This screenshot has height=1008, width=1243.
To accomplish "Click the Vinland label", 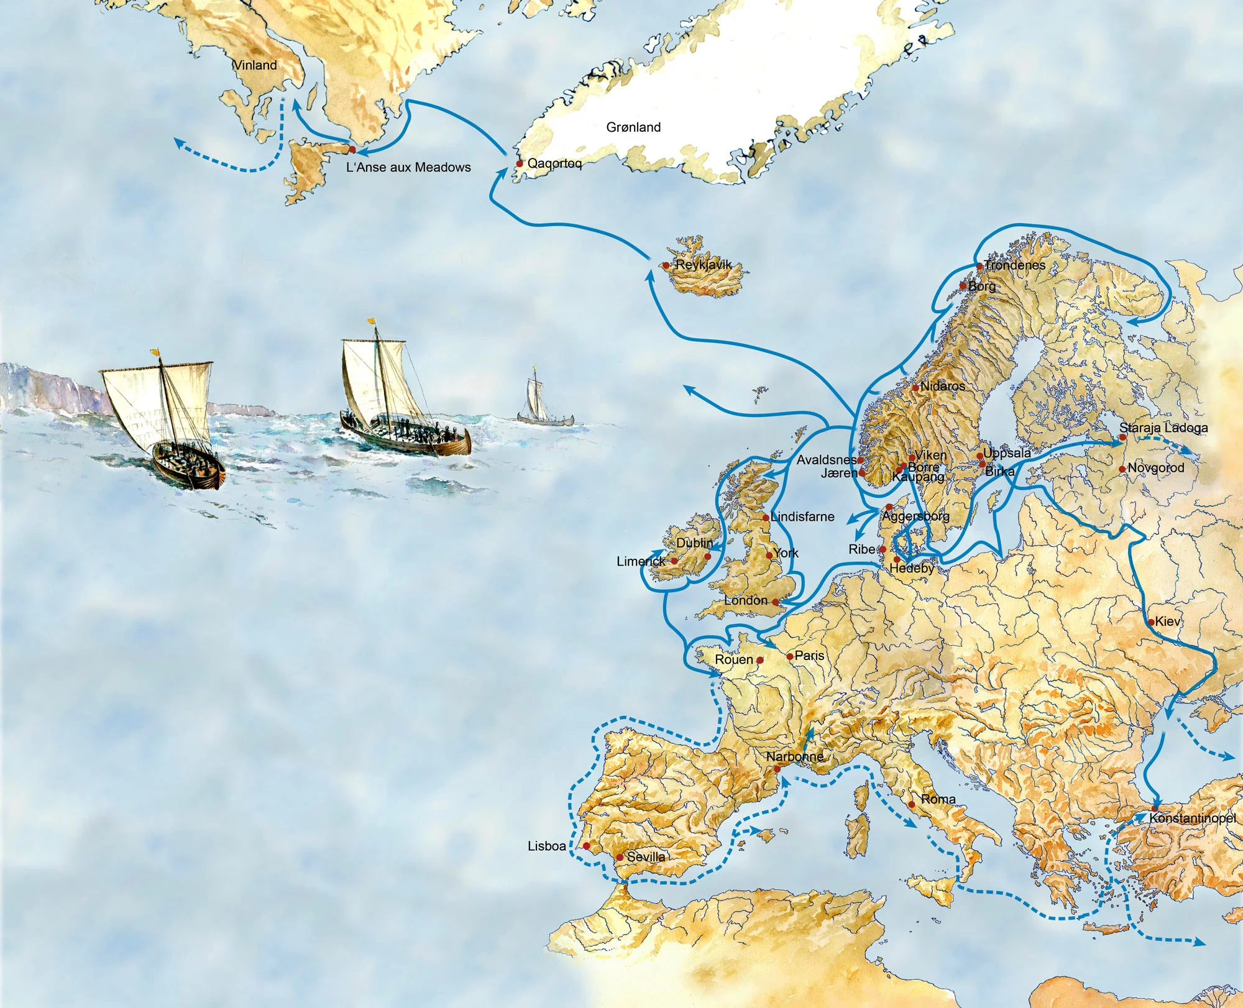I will coord(255,65).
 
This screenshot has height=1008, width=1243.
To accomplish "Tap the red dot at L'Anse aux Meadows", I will coord(352,150).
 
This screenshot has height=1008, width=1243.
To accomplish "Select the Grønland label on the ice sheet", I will coord(633,127).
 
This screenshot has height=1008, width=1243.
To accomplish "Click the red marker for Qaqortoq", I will coord(520,164).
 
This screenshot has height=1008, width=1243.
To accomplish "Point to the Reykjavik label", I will coord(704,265).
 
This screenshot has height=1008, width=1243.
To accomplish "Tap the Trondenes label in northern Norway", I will coord(1014,265).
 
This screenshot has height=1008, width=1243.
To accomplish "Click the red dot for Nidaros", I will coord(915,388).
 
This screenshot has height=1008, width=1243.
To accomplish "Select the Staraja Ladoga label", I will coord(1163,428).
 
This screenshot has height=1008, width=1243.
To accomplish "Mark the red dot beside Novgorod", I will coord(1122,469).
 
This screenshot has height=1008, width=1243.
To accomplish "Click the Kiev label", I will coord(1167,621).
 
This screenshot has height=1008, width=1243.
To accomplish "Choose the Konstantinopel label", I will coord(1192,818).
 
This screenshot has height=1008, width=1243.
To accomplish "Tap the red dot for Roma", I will coord(912,804).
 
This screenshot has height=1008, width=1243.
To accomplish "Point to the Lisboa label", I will coord(547,846).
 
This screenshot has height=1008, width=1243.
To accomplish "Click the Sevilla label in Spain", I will coord(646,857).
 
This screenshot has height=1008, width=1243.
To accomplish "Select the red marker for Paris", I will coord(790,656).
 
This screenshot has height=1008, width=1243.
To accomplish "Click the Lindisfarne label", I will coord(802,516).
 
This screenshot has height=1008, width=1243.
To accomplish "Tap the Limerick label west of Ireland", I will coord(641,561).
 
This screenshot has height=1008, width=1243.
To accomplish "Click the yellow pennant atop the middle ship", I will coord(372,322).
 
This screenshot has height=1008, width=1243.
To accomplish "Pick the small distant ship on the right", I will coord(534,401).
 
